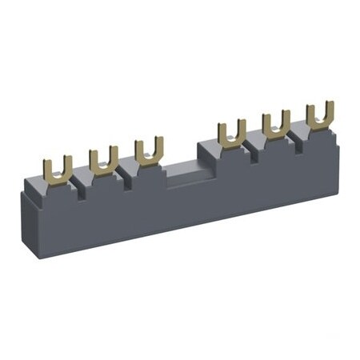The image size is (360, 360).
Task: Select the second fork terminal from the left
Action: [x=103, y=160]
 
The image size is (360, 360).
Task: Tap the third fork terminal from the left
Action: [x=149, y=150]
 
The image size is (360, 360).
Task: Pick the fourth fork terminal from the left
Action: [x=231, y=132]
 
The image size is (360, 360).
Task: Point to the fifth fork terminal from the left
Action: [x=276, y=123]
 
